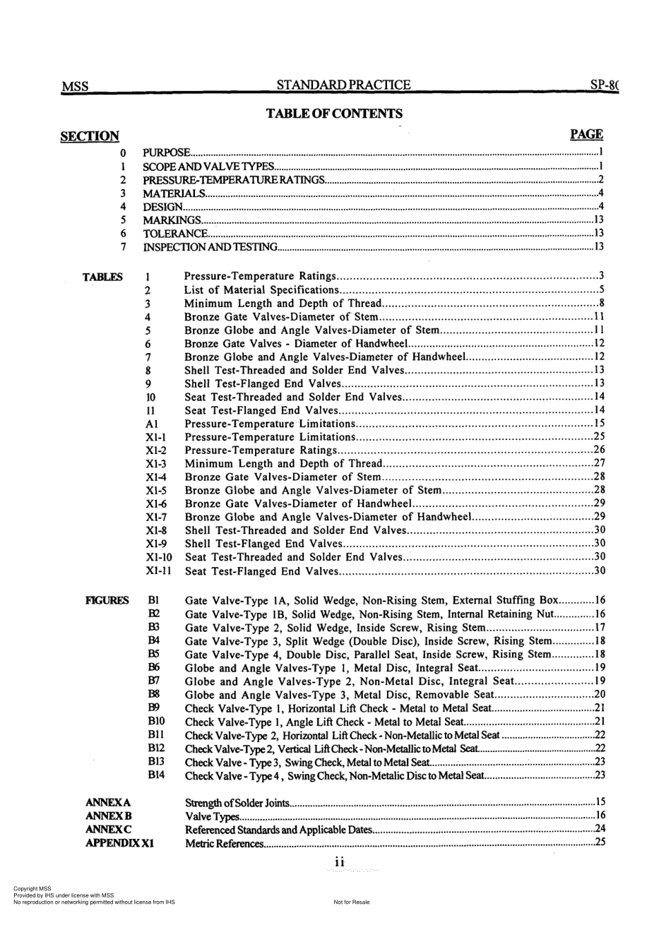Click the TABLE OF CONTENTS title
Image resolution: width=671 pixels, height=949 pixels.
click(x=334, y=114)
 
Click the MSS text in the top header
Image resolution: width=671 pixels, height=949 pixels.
click(x=75, y=87)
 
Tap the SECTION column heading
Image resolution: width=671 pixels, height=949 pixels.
click(x=90, y=136)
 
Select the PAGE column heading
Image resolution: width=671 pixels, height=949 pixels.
click(x=586, y=134)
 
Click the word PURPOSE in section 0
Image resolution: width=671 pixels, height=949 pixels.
click(x=166, y=153)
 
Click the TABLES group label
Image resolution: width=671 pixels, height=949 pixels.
click(x=103, y=277)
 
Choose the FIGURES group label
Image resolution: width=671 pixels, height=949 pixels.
click(x=107, y=601)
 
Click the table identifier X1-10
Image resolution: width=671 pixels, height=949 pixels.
click(x=159, y=557)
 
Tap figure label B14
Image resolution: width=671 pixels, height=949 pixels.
click(x=156, y=775)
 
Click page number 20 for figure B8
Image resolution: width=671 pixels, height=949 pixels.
click(x=600, y=695)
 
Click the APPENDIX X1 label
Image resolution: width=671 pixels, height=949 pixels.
click(x=120, y=843)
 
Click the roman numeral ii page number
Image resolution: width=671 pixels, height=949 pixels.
click(x=339, y=862)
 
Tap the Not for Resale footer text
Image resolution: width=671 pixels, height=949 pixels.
click(x=351, y=902)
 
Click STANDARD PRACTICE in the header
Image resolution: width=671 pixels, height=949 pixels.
click(x=343, y=85)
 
